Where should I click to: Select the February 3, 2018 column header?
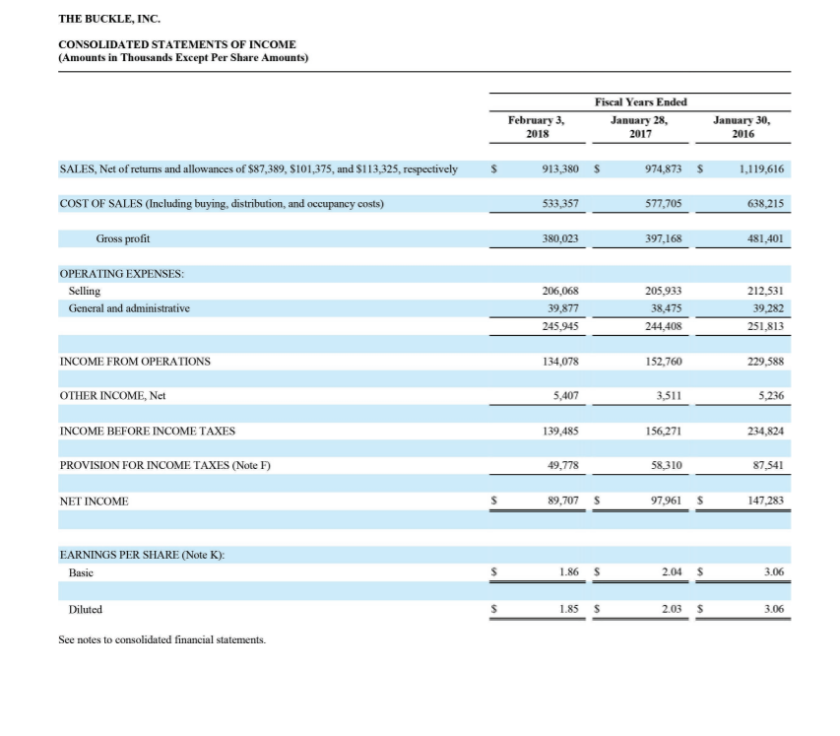tap(535, 127)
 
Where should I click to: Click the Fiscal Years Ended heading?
tap(640, 102)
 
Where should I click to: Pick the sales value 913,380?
tap(559, 169)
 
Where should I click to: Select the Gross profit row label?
tap(123, 238)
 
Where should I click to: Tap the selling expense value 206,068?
tap(559, 291)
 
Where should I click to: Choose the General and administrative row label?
tap(129, 308)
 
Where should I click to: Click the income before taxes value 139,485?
tap(559, 431)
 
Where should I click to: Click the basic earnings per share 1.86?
tap(565, 571)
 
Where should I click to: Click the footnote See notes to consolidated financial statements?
tap(162, 640)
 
